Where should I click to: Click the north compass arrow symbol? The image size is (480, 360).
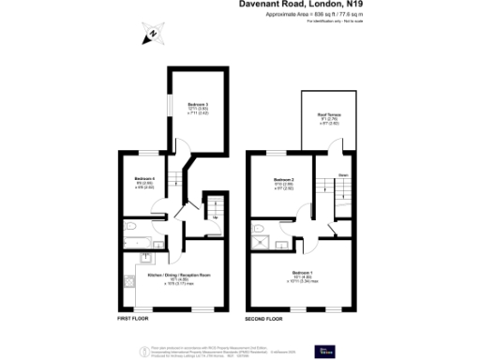(x=149, y=36)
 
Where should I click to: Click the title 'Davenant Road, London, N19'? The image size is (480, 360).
(x=303, y=7)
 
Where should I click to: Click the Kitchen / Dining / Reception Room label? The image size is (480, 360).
(x=177, y=275)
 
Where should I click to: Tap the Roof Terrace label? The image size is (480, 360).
(x=327, y=115)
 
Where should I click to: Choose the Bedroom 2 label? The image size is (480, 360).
(x=283, y=179)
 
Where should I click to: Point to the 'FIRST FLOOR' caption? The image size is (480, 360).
(x=134, y=318)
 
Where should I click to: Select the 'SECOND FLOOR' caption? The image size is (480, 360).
(x=263, y=318)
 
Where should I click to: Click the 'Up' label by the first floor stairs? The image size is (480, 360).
(x=216, y=217)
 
